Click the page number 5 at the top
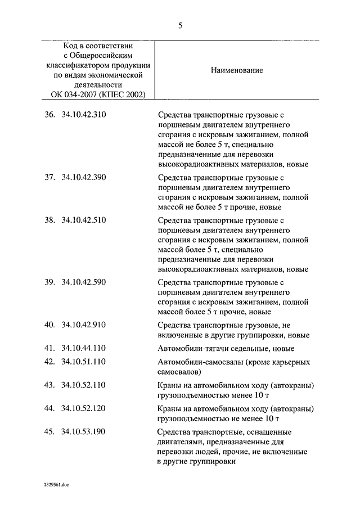click(180, 25)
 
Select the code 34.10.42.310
click(84, 115)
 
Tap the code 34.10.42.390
click(84, 178)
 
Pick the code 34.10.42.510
click(84, 220)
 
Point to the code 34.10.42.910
click(84, 325)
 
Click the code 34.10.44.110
click(84, 349)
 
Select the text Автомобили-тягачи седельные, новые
click(221, 349)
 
